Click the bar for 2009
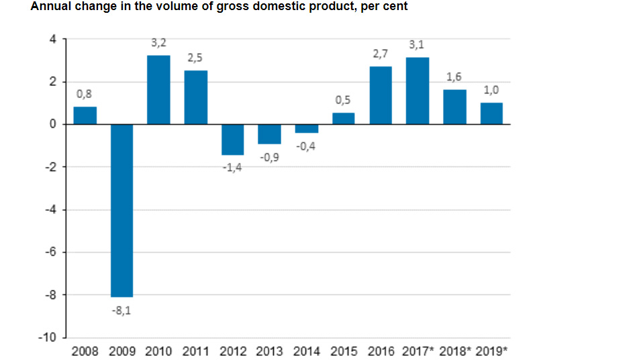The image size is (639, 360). coord(121,210)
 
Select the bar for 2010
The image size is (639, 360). coord(158,90)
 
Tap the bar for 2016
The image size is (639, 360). coord(381,95)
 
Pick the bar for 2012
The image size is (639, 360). coord(232,139)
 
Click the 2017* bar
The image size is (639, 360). coord(417,91)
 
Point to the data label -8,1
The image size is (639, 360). coord(121,310)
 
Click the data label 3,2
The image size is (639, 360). coord(158,43)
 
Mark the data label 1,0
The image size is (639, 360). coord(491,89)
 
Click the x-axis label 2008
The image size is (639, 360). coord(85,351)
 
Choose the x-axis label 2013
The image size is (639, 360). coord(269,351)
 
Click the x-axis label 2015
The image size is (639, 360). coord(344,351)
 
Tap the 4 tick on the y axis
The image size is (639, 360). coord(53,39)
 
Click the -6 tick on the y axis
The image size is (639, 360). coord(51,252)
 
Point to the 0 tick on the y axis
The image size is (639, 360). coord(53,124)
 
